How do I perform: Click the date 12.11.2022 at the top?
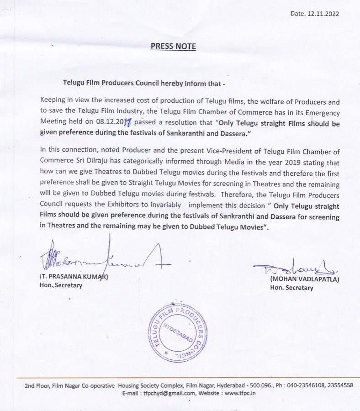point(321,14)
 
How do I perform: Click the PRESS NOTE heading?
point(173,46)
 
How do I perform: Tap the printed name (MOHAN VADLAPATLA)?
point(305,279)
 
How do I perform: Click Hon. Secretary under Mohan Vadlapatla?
point(291,288)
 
